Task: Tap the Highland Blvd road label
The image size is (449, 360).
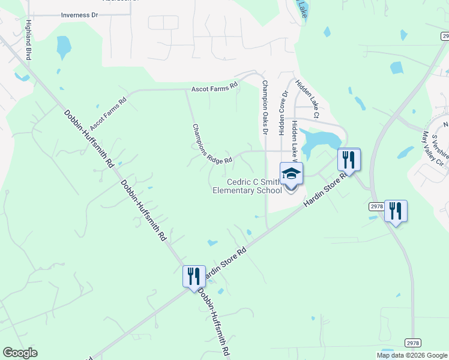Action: pyautogui.click(x=28, y=40)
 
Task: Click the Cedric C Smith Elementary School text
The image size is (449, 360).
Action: pyautogui.click(x=247, y=186)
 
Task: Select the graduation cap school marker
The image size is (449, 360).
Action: pyautogui.click(x=291, y=174)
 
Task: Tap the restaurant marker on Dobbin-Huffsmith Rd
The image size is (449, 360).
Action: pyautogui.click(x=194, y=276)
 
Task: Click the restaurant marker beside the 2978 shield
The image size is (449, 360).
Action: pyautogui.click(x=396, y=211)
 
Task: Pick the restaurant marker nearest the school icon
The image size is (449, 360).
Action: pyautogui.click(x=349, y=159)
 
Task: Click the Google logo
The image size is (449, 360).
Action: pyautogui.click(x=20, y=353)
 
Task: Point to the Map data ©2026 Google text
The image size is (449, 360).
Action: pyautogui.click(x=411, y=355)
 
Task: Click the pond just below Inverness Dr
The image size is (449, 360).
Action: pyautogui.click(x=63, y=46)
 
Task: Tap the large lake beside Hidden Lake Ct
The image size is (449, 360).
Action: pyautogui.click(x=318, y=142)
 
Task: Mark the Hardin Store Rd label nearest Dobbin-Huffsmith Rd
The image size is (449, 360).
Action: pyautogui.click(x=226, y=262)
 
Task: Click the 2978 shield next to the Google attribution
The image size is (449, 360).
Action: pyautogui.click(x=412, y=343)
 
